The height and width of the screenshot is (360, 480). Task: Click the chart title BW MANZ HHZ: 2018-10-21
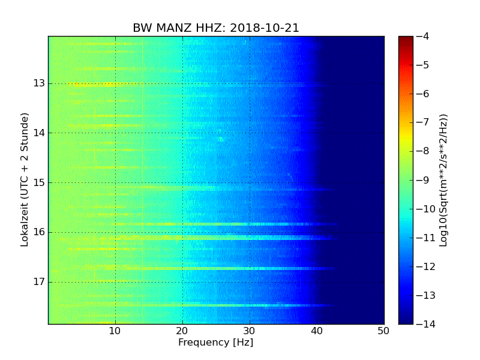216,28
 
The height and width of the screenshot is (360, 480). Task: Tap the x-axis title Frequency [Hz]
216,343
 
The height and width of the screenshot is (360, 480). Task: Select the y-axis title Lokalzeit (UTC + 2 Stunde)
25,180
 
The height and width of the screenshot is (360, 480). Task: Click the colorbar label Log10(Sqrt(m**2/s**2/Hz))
443,180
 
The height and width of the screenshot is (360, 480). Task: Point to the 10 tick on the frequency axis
115,331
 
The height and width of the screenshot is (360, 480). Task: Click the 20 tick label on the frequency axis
182,331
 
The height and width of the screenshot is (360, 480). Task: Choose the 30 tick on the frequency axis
250,331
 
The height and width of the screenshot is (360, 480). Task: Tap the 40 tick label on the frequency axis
317,331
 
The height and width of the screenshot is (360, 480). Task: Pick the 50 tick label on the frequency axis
383,331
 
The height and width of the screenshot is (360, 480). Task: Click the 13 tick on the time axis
39,83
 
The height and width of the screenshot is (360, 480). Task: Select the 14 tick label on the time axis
39,133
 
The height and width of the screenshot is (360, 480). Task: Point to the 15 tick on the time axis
39,182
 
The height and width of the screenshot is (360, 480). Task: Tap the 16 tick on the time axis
39,232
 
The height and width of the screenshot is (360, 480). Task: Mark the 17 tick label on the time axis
39,281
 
